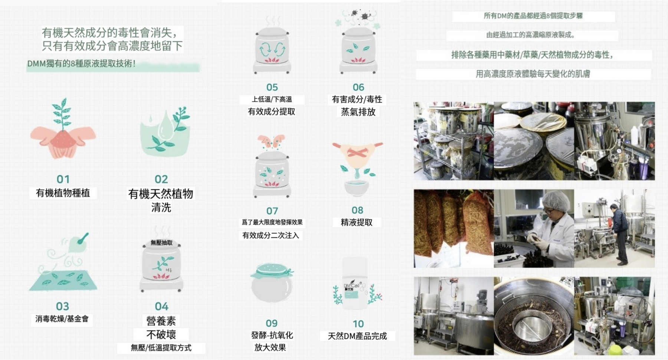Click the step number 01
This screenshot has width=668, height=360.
tap(63, 179)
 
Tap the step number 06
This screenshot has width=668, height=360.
tap(358, 87)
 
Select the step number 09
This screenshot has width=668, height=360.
tap(271, 323)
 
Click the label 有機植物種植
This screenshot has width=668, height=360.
tap(63, 193)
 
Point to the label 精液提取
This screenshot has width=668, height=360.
tap(357, 222)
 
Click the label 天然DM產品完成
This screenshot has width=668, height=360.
tap(357, 336)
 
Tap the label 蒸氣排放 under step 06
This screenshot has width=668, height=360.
tap(358, 112)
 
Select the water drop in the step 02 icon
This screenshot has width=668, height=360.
tap(165, 126)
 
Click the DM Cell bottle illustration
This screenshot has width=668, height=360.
tap(355, 284)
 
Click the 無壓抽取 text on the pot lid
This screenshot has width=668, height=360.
tap(161, 243)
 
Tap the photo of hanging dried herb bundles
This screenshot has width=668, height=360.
tap(453, 229)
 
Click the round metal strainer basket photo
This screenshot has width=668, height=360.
tap(534, 316)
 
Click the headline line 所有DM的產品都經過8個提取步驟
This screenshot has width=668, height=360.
tap(533, 16)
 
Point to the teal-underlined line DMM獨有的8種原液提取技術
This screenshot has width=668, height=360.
tap(81, 64)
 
